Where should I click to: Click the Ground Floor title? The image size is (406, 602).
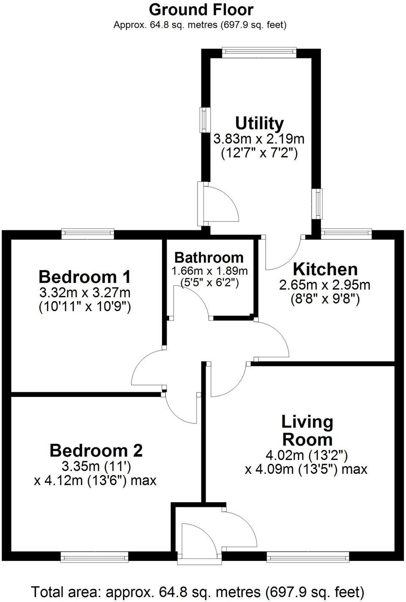click(201, 9)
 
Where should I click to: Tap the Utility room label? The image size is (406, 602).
click(259, 123)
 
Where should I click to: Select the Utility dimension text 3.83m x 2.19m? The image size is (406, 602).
click(259, 139)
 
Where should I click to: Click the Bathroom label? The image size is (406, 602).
click(209, 257)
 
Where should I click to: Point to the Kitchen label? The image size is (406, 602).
click(325, 269)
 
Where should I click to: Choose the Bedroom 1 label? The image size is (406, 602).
click(85, 277)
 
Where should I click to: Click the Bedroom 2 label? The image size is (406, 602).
click(96, 451)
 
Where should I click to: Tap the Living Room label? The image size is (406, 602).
click(307, 430)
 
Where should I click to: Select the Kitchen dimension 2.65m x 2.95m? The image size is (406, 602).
click(325, 285)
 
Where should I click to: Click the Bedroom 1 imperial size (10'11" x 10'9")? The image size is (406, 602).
click(85, 306)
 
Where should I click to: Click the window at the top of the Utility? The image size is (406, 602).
click(259, 52)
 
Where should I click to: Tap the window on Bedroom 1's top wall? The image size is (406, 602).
click(88, 234)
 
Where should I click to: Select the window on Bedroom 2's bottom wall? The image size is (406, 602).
click(94, 557)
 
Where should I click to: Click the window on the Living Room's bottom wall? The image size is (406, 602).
click(307, 557)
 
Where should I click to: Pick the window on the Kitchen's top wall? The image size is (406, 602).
click(346, 234)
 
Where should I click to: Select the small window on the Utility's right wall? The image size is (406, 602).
click(317, 204)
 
